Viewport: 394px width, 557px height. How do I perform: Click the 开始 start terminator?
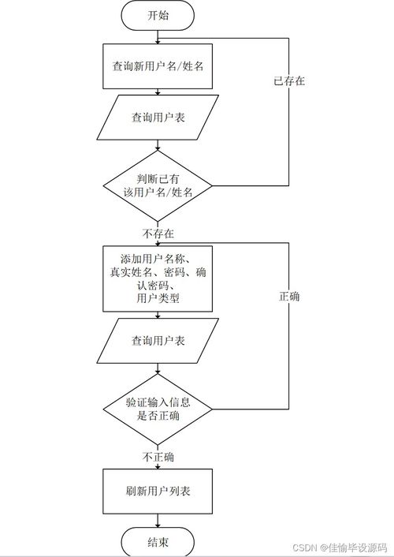point(158,15)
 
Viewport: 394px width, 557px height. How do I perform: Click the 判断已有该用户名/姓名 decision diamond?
point(158,185)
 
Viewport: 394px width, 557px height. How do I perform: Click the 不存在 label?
point(158,234)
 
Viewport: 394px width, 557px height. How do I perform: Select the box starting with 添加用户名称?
point(158,278)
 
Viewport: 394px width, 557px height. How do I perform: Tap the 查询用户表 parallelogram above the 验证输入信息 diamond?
point(158,341)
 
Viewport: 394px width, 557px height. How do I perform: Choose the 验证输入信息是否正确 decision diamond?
point(158,409)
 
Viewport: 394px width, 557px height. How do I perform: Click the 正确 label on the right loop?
point(289,297)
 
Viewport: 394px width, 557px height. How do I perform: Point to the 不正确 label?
point(158,457)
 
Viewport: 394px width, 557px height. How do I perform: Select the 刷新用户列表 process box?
point(158,491)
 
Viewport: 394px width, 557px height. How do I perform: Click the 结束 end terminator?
point(158,542)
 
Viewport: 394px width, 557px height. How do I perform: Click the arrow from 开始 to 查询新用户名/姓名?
point(158,36)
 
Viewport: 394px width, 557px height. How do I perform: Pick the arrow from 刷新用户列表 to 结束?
point(158,520)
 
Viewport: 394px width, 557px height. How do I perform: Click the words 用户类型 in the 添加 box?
point(158,298)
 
